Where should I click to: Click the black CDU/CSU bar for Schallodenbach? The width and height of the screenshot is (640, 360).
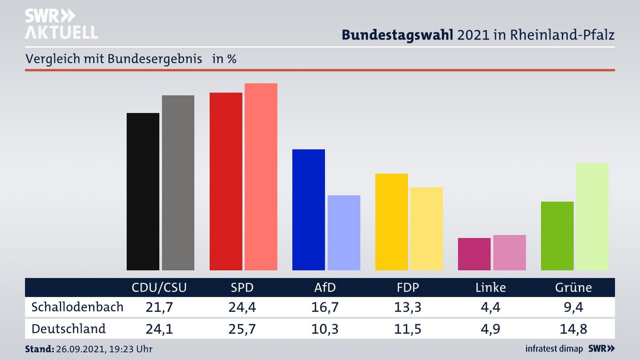click(x=143, y=192)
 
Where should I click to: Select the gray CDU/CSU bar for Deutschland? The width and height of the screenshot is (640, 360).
click(x=178, y=183)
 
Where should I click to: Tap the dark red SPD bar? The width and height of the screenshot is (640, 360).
click(x=226, y=181)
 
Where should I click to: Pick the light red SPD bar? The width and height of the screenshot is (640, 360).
click(x=261, y=176)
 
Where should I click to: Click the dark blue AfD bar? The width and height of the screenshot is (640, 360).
click(x=308, y=210)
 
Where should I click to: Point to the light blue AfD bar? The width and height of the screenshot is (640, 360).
click(x=344, y=232)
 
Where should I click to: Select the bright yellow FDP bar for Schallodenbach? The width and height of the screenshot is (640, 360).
click(x=391, y=222)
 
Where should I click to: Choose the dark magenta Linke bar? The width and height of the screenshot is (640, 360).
click(x=474, y=254)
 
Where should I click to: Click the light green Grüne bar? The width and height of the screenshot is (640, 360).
click(x=592, y=216)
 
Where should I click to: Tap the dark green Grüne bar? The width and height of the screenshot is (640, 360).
click(x=557, y=236)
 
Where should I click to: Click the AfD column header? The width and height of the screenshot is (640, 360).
click(x=325, y=288)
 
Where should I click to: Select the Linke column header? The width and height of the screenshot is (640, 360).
click(x=491, y=288)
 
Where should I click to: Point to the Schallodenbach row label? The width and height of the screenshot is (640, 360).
click(x=77, y=307)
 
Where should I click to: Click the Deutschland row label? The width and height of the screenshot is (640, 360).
click(x=68, y=329)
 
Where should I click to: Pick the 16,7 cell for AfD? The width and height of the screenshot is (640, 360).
click(x=325, y=307)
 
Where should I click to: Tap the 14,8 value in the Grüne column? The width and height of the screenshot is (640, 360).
click(x=573, y=329)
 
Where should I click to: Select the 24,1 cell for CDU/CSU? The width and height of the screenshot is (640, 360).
click(x=159, y=329)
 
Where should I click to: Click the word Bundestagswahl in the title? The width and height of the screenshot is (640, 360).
click(x=397, y=35)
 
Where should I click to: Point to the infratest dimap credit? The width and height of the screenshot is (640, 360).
click(x=554, y=349)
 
